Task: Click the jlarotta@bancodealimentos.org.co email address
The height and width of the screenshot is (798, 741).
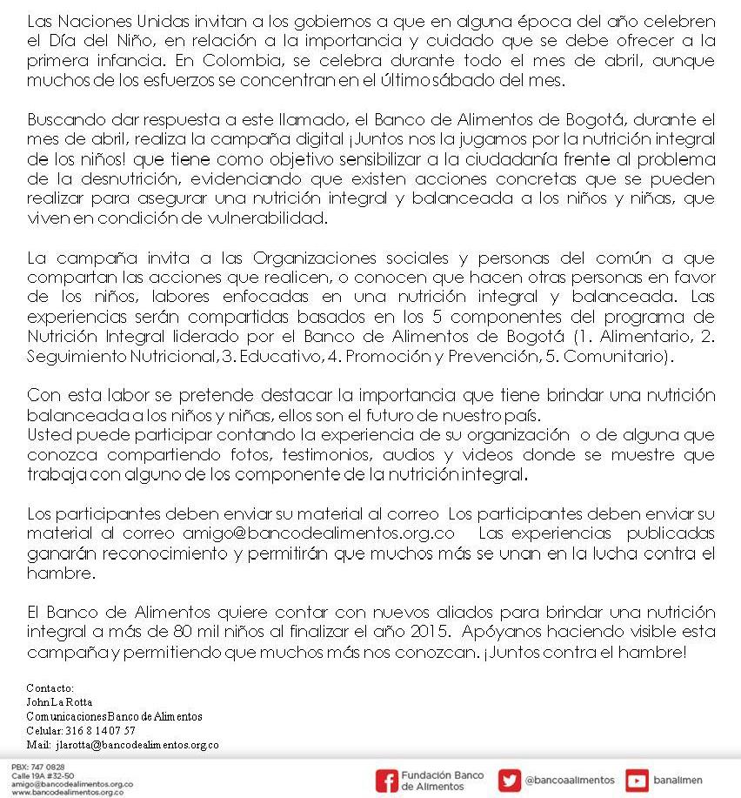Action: tap(137, 745)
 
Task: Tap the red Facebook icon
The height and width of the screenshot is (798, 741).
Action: tap(386, 781)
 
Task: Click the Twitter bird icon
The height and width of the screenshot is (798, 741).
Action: tap(510, 781)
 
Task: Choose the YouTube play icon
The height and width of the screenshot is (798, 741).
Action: tap(638, 781)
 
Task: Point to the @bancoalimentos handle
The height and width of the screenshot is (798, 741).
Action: tap(570, 781)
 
